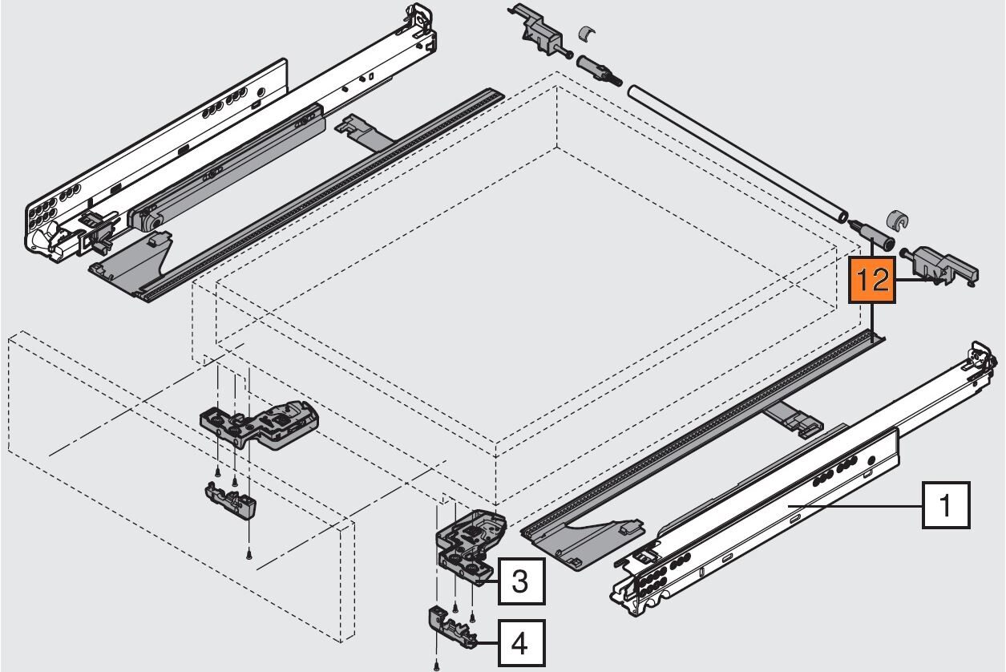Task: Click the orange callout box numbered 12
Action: pos(871,280)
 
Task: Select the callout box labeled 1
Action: pos(946,505)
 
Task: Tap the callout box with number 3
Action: pos(521,581)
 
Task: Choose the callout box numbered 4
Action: pos(521,643)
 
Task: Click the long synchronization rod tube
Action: pos(737,159)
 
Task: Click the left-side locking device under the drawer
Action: pos(260,425)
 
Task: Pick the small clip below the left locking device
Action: pos(230,500)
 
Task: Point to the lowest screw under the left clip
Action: pos(249,555)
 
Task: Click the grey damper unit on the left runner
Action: pos(227,168)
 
